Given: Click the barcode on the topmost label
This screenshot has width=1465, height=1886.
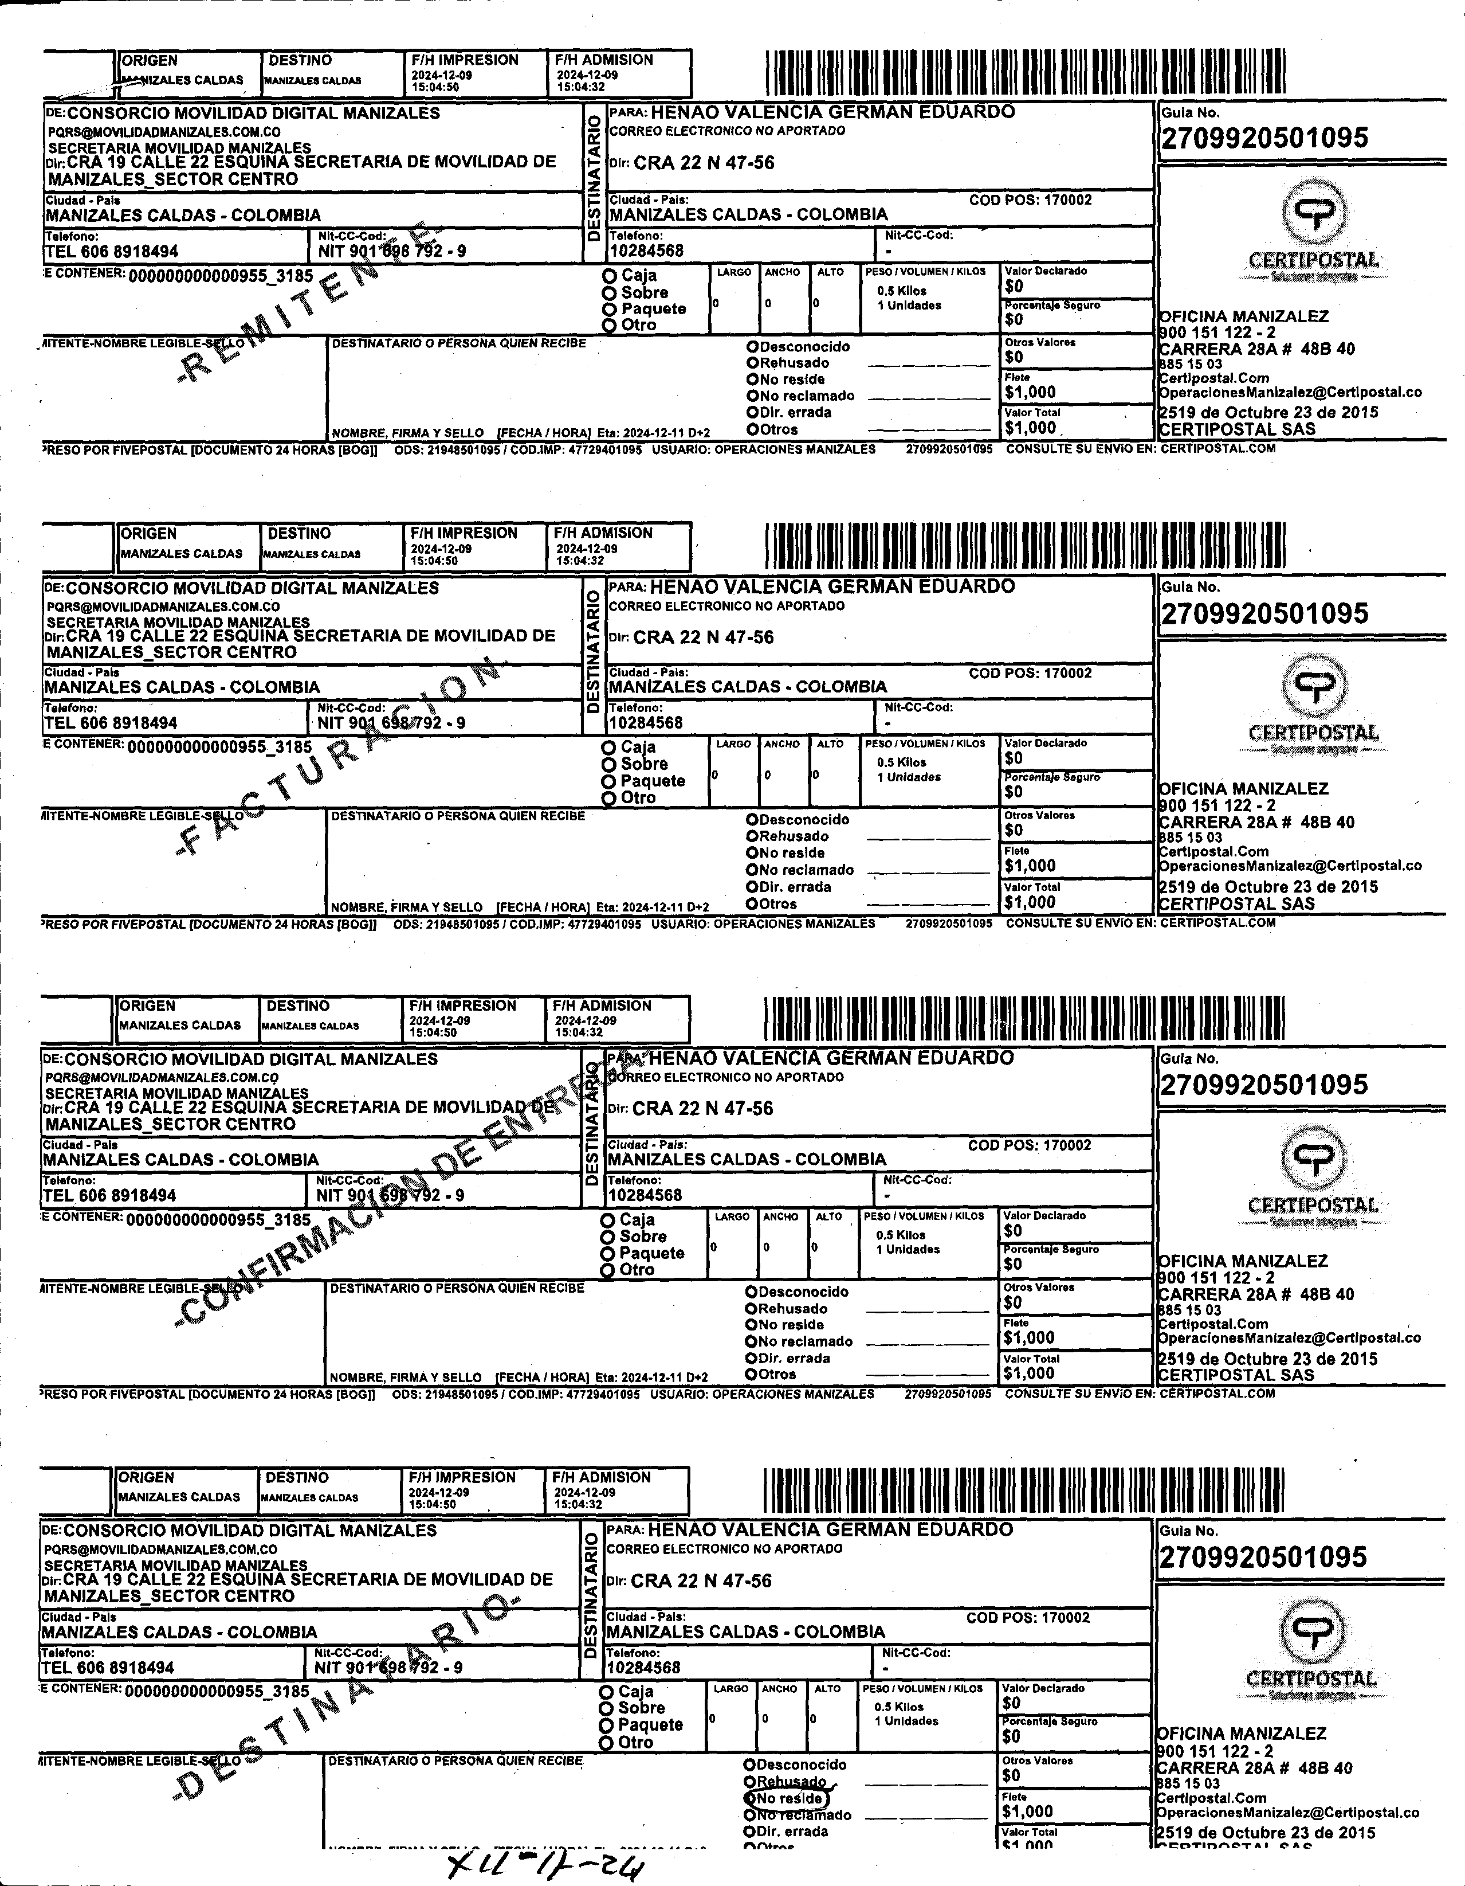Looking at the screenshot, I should (x=1025, y=73).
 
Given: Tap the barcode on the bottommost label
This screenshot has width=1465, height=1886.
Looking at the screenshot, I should (x=1023, y=1490).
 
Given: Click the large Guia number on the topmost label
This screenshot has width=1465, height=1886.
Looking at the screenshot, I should (x=1264, y=138).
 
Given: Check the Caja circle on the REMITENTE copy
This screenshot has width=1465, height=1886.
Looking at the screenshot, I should (x=610, y=276).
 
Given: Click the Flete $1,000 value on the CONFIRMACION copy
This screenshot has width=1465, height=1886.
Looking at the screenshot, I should (x=1029, y=1337).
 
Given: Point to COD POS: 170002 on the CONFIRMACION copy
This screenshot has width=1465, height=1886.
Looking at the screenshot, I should (x=1029, y=1145).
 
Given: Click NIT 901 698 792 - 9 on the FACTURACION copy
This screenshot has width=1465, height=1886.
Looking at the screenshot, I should (x=391, y=723).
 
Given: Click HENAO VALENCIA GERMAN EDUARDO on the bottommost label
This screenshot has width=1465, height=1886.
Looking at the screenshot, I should (x=831, y=1529).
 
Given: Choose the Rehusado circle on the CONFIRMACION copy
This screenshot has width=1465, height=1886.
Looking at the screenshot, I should (x=751, y=1308).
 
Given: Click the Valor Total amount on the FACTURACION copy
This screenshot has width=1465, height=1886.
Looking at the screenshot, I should (x=1030, y=902).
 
